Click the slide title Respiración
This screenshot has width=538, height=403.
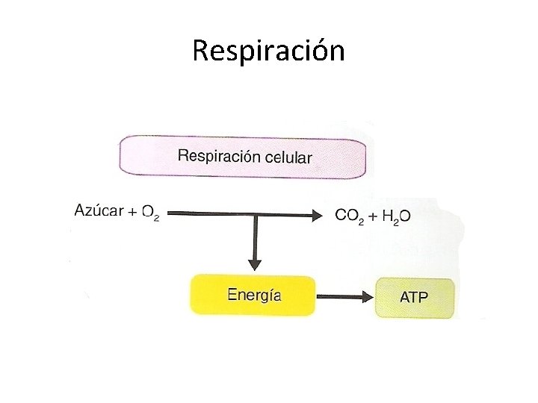(268, 51)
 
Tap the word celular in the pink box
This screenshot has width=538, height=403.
(288, 157)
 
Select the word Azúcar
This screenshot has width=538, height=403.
(99, 211)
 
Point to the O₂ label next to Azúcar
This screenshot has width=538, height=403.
(150, 214)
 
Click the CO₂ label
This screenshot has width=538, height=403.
(350, 216)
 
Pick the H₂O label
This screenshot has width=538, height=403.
(396, 216)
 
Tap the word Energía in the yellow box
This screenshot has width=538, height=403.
(254, 295)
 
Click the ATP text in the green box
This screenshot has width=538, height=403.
(414, 297)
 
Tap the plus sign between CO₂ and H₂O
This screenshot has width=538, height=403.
(371, 216)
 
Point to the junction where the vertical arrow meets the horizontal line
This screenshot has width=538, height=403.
(255, 216)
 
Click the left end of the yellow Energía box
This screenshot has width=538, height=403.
(194, 295)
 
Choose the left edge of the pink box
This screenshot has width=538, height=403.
(121, 157)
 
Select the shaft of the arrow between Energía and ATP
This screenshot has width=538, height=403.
(340, 296)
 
